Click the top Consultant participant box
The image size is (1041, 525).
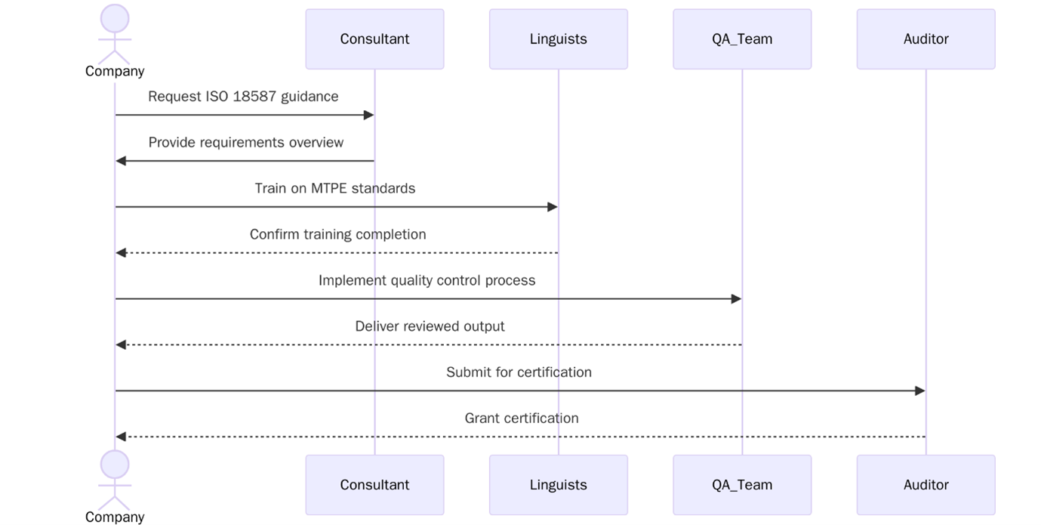point(374,39)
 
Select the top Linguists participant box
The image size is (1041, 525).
point(558,39)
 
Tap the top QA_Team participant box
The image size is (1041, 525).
point(742,39)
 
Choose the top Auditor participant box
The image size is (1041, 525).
point(926,39)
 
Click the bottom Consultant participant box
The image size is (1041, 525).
point(374,485)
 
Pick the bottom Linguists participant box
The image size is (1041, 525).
point(558,485)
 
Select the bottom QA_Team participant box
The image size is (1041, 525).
point(742,485)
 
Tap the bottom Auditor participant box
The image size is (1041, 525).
point(926,485)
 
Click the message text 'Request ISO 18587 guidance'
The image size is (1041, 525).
point(243,97)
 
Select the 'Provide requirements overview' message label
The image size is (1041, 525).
point(245,143)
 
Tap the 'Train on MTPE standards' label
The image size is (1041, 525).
point(335,189)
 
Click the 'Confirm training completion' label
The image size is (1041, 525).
point(337,235)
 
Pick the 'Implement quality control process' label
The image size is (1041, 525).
point(427,280)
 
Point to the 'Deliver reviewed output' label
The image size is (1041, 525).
point(430,326)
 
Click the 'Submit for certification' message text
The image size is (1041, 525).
point(519,372)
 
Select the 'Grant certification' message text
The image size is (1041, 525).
point(522,418)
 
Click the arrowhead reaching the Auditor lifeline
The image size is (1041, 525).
point(920,391)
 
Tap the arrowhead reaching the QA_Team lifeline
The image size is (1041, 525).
point(737,299)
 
